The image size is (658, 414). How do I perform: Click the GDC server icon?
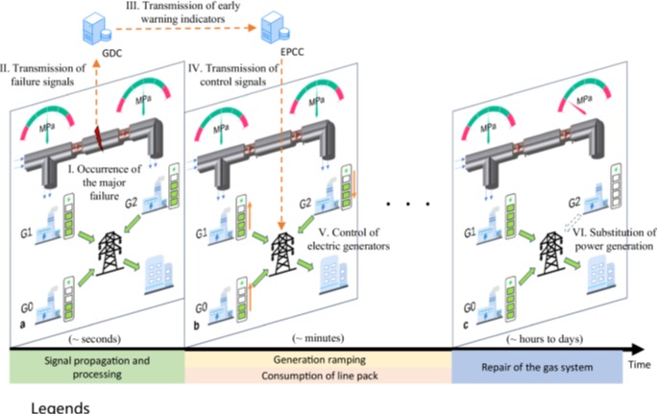[93, 30]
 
